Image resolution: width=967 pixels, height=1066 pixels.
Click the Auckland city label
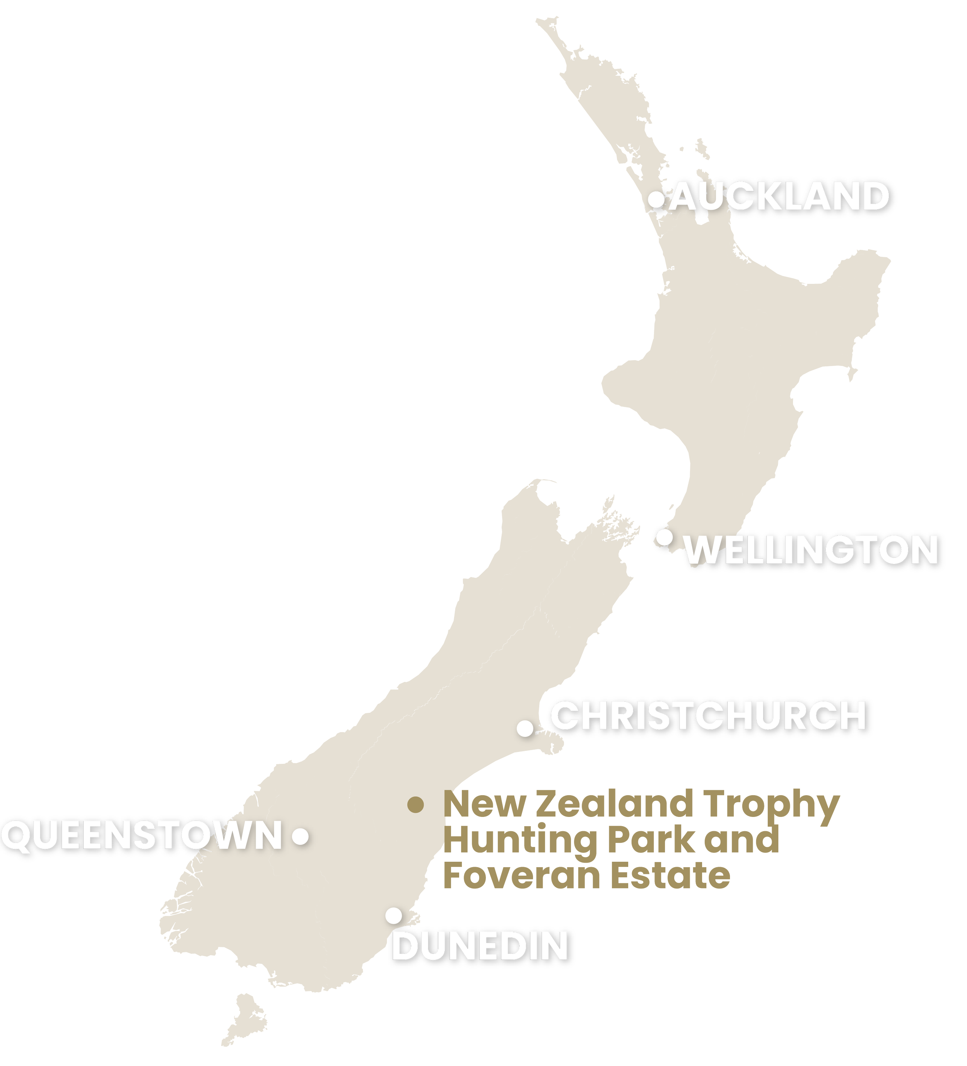click(x=780, y=196)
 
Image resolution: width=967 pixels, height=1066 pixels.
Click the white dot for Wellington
click(x=664, y=537)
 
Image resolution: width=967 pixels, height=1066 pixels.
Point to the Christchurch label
click(x=707, y=716)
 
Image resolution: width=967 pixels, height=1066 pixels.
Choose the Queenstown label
click(x=141, y=837)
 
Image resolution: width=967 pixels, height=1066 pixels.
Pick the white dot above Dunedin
click(x=393, y=915)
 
